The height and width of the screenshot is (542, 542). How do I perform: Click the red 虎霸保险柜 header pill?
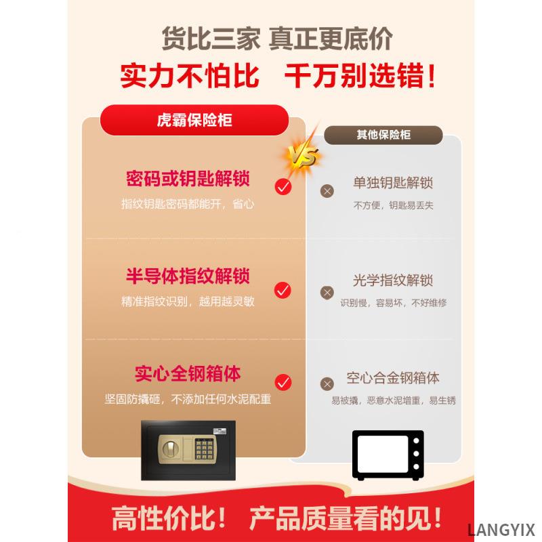(x=194, y=121)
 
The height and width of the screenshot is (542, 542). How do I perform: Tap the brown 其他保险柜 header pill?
(x=383, y=134)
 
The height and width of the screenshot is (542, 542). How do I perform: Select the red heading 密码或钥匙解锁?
(x=188, y=180)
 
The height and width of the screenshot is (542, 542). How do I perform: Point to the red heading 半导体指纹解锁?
(x=188, y=276)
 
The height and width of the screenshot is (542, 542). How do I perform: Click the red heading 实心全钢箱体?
(x=188, y=374)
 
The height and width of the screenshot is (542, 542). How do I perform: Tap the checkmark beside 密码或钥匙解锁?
(x=283, y=186)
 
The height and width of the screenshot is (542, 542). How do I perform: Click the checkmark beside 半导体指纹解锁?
(x=283, y=291)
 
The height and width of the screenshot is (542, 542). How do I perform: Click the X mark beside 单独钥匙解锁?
(x=327, y=191)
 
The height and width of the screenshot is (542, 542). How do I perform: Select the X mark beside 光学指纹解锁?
(x=327, y=293)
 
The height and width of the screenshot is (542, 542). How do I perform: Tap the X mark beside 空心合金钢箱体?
(x=327, y=383)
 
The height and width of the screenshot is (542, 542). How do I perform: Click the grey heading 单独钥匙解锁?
(x=393, y=183)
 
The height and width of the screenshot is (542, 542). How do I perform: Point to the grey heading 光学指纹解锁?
(x=393, y=280)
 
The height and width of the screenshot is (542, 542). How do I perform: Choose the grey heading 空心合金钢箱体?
(x=393, y=377)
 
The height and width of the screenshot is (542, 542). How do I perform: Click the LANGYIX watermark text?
(x=501, y=529)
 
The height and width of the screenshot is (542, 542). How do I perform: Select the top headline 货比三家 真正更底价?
(x=276, y=38)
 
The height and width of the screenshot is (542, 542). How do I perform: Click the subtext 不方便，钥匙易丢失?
(x=393, y=205)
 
